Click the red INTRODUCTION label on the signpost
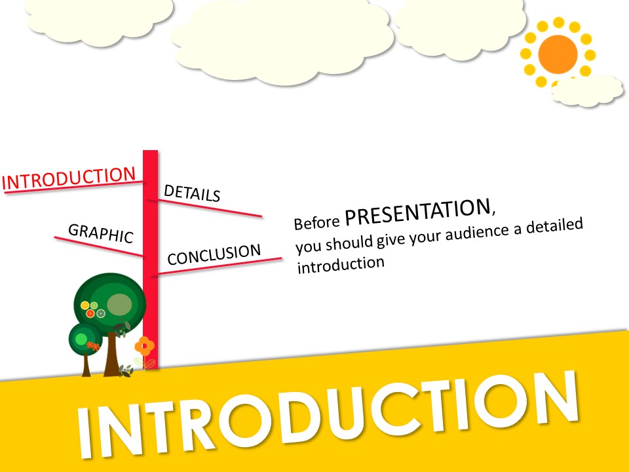pos(69,178)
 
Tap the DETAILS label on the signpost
pos(192,193)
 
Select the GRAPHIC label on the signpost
pos(101,233)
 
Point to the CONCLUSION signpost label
pos(214,254)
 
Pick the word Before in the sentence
pos(317,222)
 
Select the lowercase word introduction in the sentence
pos(341,264)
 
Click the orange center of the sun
pos(558,54)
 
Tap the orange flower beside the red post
pos(144,345)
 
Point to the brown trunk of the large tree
pos(112,354)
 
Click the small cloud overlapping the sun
pos(587,90)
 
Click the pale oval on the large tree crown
pos(119,304)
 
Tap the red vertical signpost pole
pos(151,260)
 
